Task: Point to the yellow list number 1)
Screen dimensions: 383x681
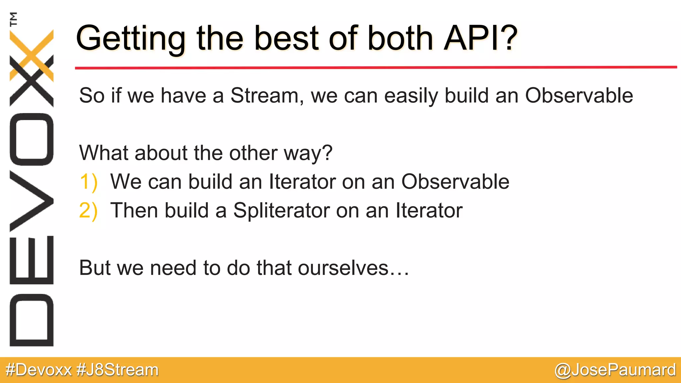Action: click(x=88, y=182)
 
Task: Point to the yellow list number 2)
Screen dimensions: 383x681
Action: click(x=88, y=211)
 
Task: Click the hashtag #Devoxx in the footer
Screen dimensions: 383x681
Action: click(x=39, y=370)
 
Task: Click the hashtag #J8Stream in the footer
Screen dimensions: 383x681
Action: click(x=118, y=370)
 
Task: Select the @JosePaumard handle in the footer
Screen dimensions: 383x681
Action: click(x=615, y=370)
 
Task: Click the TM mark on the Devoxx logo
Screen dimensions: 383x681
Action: click(x=13, y=19)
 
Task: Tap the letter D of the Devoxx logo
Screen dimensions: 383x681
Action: click(x=32, y=320)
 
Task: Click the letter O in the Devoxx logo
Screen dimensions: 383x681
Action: click(x=32, y=139)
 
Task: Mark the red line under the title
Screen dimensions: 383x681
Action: click(x=376, y=67)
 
